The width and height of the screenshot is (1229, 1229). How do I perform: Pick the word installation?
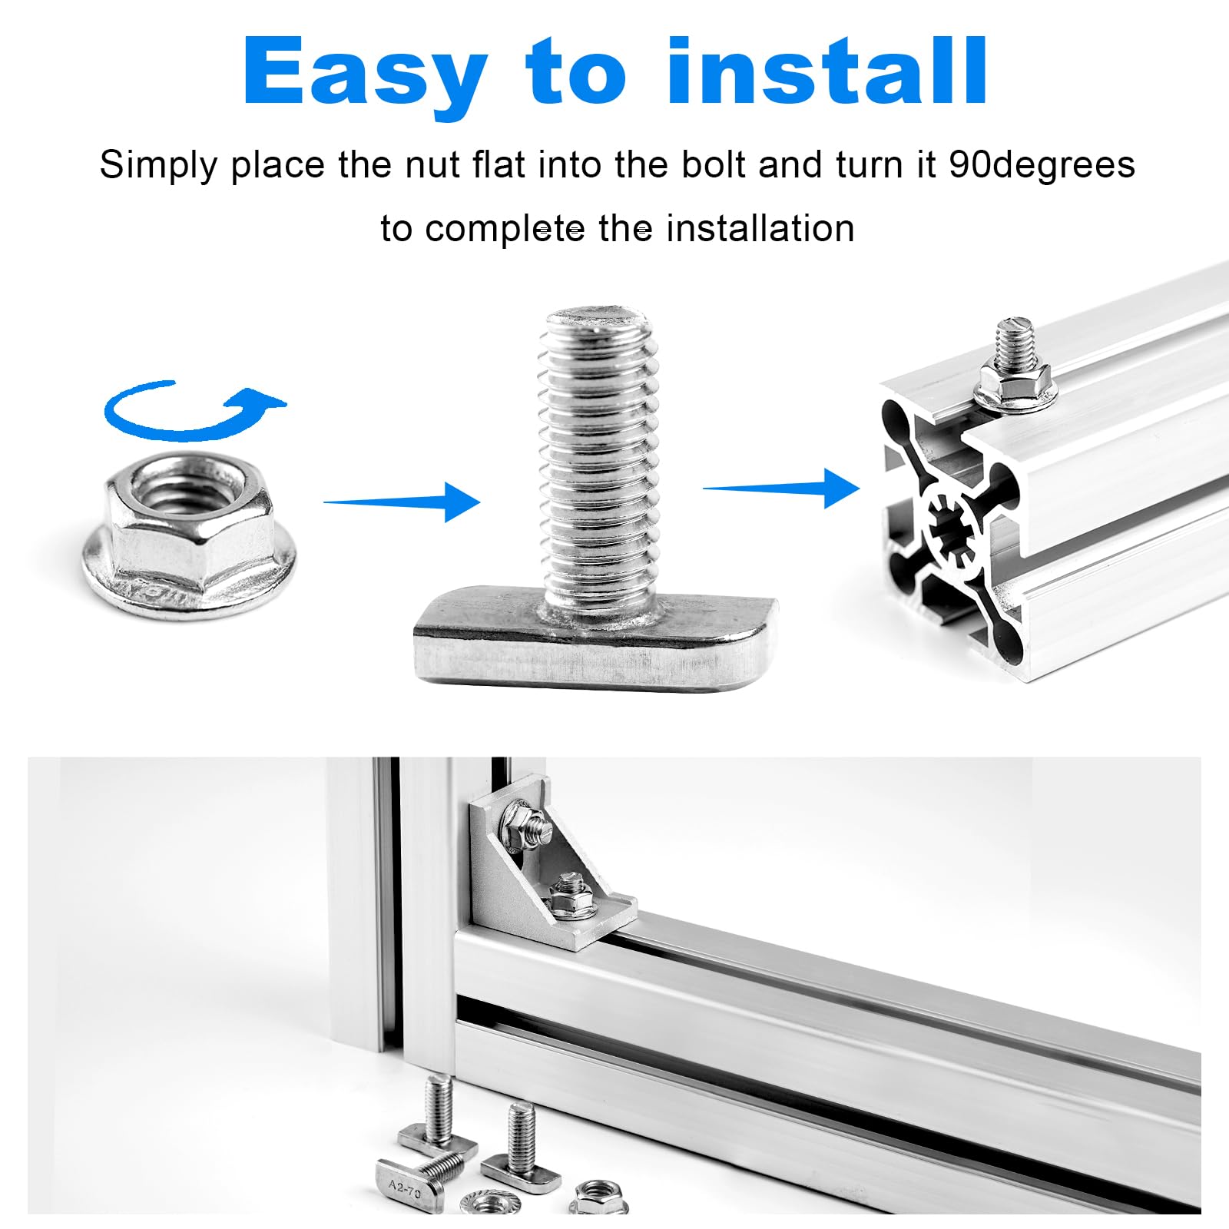tap(760, 228)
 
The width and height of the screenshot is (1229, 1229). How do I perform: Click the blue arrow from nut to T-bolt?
tap(402, 502)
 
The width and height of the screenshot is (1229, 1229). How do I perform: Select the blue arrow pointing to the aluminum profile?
tap(781, 488)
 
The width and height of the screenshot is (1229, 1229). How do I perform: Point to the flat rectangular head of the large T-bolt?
tap(596, 639)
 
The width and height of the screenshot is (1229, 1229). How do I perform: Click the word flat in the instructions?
tap(499, 164)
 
